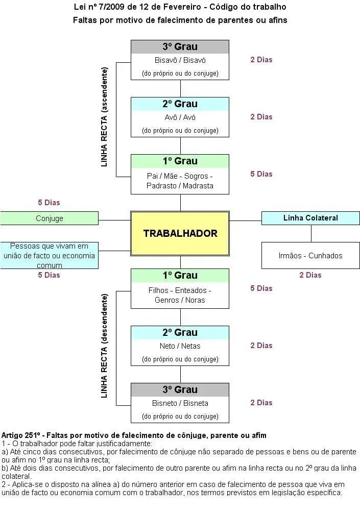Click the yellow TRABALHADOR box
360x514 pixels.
(180, 233)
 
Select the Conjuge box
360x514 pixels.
(50, 218)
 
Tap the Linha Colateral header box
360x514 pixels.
(310, 218)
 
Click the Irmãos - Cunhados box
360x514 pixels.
(310, 255)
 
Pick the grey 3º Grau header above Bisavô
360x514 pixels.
(180, 47)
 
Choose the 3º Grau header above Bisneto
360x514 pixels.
(180, 389)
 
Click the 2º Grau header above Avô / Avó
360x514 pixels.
(180, 104)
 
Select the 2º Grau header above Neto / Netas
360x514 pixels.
(180, 332)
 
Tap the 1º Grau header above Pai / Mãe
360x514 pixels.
(180, 161)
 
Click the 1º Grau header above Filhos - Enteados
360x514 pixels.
(180, 276)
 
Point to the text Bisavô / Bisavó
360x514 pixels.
(180, 60)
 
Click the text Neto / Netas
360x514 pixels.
(180, 346)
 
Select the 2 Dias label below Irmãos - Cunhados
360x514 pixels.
(310, 275)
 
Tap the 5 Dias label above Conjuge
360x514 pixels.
(49, 203)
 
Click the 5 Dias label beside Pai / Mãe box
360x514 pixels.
(261, 174)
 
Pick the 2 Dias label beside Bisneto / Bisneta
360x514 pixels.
(261, 403)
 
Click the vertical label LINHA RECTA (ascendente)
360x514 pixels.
(105, 116)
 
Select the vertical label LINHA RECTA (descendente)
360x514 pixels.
(105, 346)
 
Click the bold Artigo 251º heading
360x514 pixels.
(134, 435)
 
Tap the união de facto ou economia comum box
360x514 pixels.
(50, 255)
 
